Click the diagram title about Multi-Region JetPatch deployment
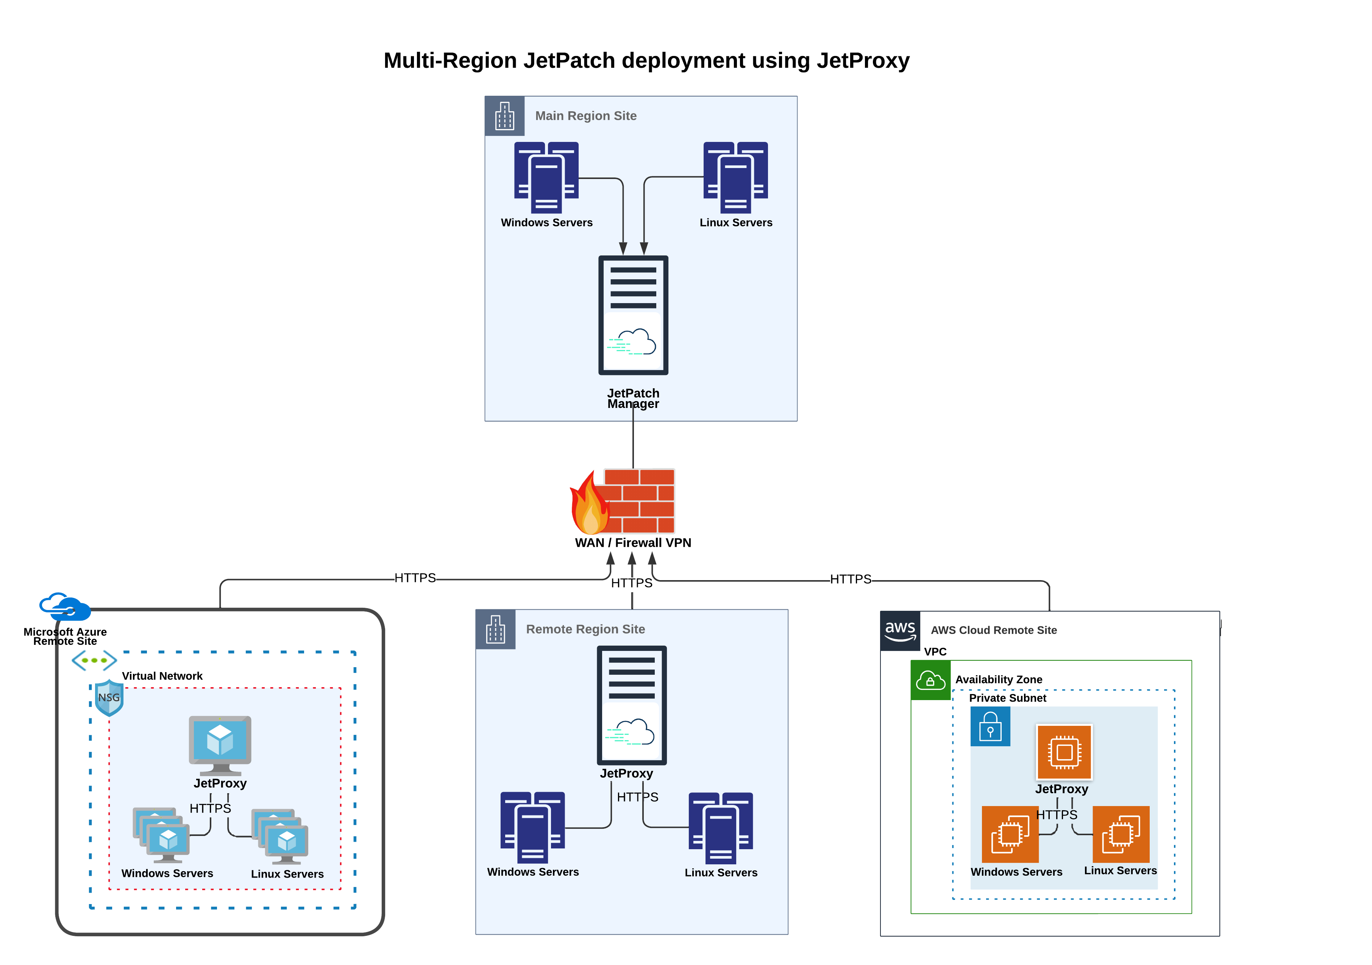tap(646, 60)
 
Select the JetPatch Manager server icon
tap(633, 315)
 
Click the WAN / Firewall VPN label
tap(633, 542)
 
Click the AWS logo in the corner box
tap(900, 630)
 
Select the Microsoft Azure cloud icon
tap(64, 607)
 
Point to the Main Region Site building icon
tap(504, 116)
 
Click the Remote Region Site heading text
tap(585, 629)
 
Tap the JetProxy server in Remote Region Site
tap(632, 705)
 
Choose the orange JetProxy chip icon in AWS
tap(1064, 752)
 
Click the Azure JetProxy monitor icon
tap(220, 744)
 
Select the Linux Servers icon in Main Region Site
tap(735, 177)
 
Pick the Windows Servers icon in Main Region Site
tap(546, 177)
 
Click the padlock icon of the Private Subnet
tap(990, 726)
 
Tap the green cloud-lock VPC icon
tap(930, 680)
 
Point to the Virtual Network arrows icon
tap(94, 660)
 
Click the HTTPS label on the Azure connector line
tap(415, 578)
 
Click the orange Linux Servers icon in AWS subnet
tap(1121, 834)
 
